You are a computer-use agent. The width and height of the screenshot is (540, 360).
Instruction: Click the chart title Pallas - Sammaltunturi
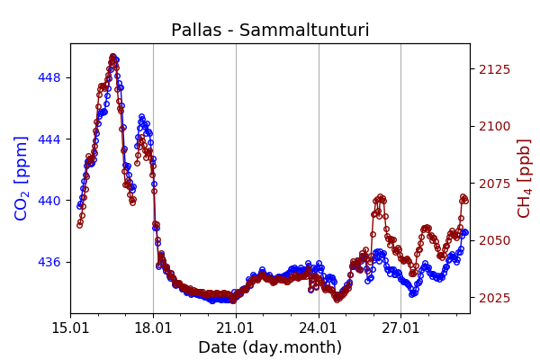click(270, 31)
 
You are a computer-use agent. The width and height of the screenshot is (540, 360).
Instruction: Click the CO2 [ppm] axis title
click(22, 177)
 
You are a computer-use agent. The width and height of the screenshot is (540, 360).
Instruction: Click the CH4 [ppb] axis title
click(524, 177)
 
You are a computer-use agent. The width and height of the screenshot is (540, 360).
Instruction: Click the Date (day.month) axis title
click(270, 347)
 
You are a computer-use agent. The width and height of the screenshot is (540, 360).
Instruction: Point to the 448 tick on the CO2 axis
click(49, 77)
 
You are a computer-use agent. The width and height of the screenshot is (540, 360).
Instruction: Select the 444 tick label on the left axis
click(49, 139)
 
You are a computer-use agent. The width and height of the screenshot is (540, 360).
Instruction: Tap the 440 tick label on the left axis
click(49, 201)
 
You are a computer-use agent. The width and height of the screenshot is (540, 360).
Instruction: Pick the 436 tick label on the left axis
click(49, 262)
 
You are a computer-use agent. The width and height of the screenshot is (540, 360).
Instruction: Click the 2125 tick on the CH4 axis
click(492, 69)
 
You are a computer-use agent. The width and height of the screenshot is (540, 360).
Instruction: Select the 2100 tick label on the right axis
click(492, 126)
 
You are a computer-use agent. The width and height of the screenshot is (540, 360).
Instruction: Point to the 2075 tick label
click(492, 184)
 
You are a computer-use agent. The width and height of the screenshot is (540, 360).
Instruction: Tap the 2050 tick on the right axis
click(492, 240)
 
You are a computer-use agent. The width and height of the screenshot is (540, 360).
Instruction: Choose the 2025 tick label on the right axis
click(492, 298)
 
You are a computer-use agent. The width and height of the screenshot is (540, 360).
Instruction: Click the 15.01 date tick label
click(70, 327)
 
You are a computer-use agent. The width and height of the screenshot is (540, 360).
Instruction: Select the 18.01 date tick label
click(153, 327)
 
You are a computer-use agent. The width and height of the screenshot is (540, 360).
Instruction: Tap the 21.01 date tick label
click(236, 327)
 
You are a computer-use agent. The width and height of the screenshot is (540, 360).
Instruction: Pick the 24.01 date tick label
click(319, 327)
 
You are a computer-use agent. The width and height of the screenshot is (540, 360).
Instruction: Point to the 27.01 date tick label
click(400, 327)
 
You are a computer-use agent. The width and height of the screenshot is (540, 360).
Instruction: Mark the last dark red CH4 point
click(465, 201)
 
